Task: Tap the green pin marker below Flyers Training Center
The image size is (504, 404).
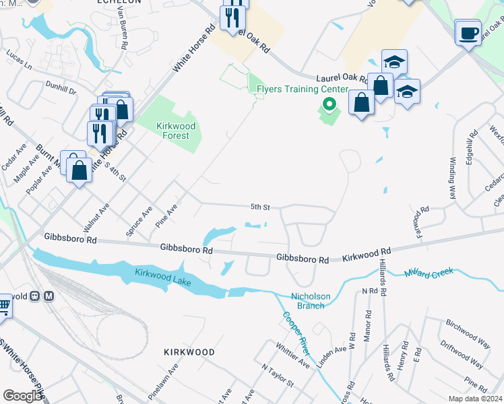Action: [329, 104]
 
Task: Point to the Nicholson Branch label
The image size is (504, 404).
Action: [307, 301]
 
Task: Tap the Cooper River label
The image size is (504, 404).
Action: [296, 334]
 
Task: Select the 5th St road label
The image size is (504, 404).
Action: [261, 207]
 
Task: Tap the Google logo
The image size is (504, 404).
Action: [22, 396]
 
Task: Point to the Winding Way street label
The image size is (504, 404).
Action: [452, 177]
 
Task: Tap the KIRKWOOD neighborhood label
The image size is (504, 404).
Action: [189, 352]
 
